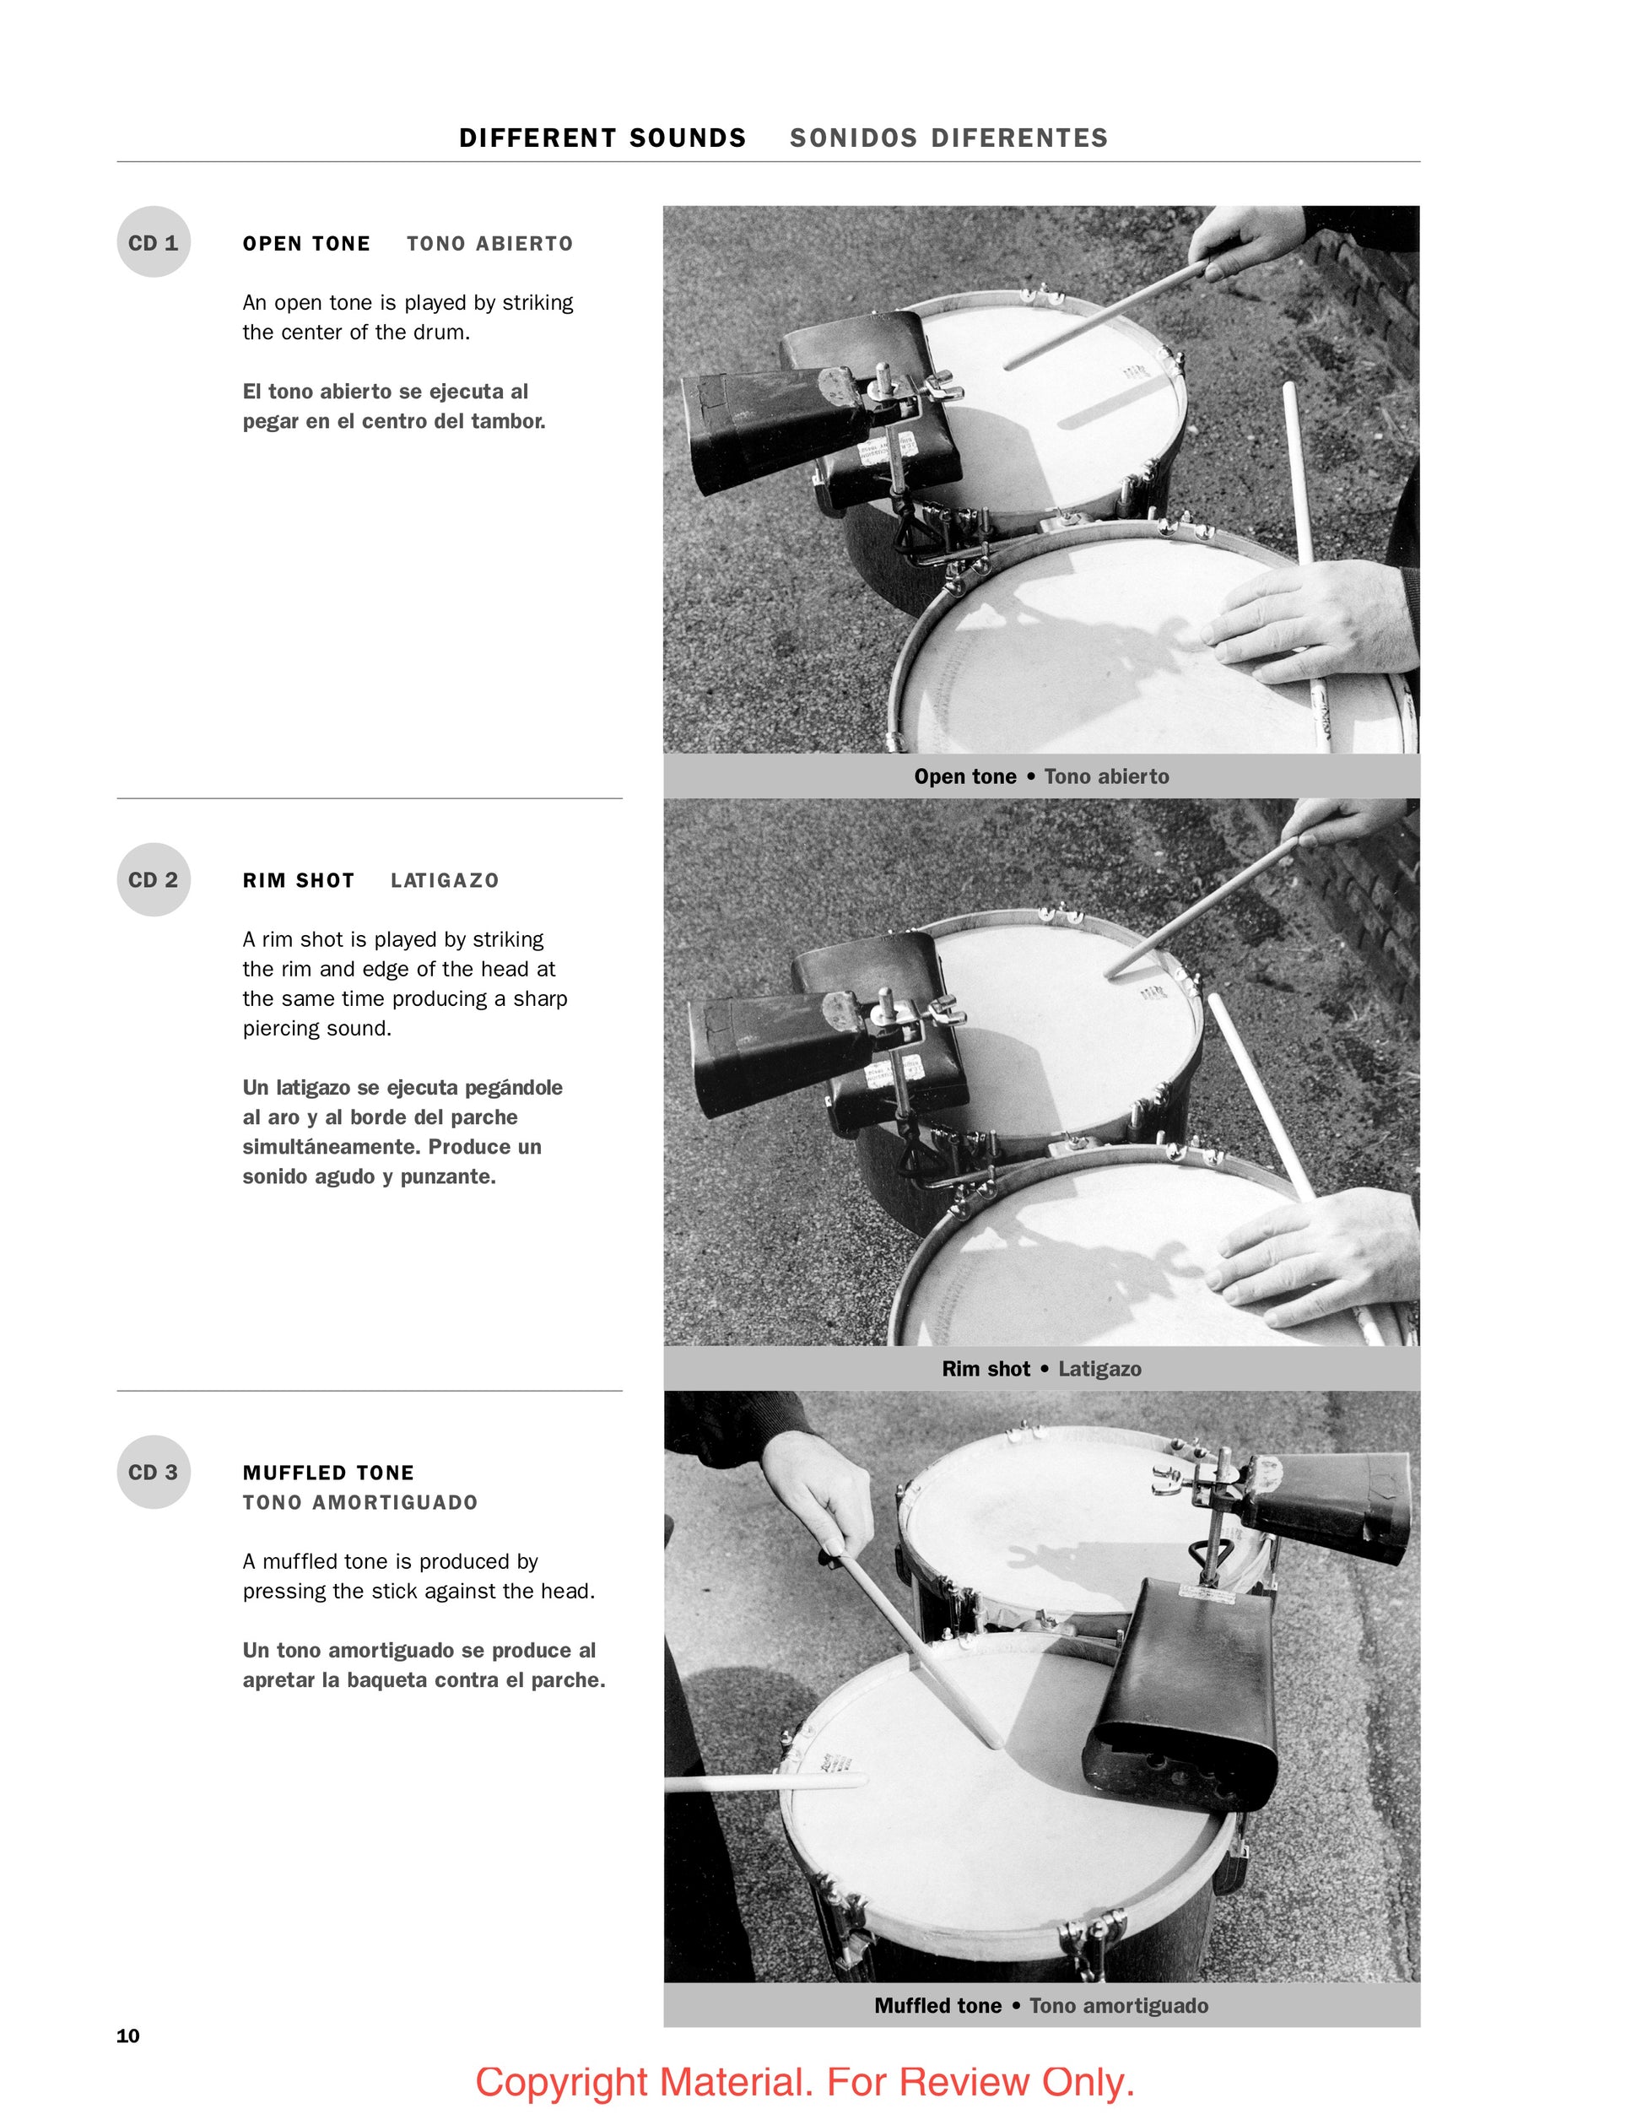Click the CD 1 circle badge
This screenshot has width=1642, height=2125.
point(154,242)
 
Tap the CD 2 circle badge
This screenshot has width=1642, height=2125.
point(154,879)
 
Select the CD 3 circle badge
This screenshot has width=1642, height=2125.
point(154,1472)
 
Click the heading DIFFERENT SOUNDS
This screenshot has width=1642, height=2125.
point(603,138)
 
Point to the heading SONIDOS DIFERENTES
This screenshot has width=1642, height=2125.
point(949,138)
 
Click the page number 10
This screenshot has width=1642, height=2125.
point(128,2036)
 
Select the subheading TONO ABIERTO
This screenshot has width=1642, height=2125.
point(490,243)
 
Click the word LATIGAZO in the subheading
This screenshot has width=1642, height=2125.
point(445,880)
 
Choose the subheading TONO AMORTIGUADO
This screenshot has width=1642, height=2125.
point(360,1502)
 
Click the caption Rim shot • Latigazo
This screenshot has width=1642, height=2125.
point(1042,1369)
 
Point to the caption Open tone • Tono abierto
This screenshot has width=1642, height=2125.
point(1042,776)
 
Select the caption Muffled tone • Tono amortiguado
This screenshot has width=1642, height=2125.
point(1042,2005)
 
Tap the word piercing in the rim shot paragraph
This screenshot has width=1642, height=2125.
point(279,1029)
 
